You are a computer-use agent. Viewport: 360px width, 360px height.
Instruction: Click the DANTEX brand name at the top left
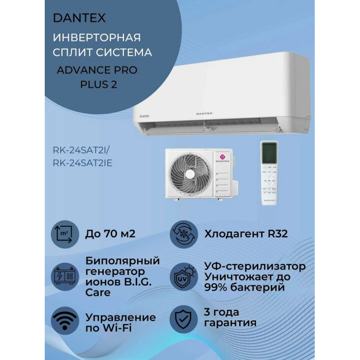pyautogui.click(x=79, y=18)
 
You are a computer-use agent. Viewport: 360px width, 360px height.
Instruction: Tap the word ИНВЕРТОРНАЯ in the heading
pyautogui.click(x=97, y=38)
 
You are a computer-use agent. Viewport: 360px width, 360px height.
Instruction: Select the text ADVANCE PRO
pyautogui.click(x=97, y=70)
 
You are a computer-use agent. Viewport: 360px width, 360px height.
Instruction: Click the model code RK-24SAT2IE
pyautogui.click(x=83, y=163)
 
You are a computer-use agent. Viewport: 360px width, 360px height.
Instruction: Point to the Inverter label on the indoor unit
pyautogui.click(x=145, y=116)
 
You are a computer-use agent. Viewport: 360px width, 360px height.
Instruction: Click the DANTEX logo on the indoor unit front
pyautogui.click(x=204, y=114)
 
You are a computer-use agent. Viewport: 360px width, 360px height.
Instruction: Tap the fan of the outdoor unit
pyautogui.click(x=190, y=174)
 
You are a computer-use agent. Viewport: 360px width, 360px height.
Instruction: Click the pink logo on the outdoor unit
pyautogui.click(x=222, y=157)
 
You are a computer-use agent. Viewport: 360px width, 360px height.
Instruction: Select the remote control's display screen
pyautogui.click(x=269, y=153)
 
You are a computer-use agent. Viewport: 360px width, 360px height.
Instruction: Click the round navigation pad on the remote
pyautogui.click(x=269, y=181)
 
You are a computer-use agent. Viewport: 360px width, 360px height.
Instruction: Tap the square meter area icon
pyautogui.click(x=65, y=235)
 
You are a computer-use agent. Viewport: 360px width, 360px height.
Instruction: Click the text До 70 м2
pyautogui.click(x=111, y=234)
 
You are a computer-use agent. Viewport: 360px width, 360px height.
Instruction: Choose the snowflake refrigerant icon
pyautogui.click(x=184, y=235)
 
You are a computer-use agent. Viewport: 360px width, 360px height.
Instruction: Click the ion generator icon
pyautogui.click(x=65, y=277)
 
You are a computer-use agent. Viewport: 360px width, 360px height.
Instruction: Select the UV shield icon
pyautogui.click(x=184, y=277)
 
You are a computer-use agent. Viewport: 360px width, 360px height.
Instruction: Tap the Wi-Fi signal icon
pyautogui.click(x=65, y=319)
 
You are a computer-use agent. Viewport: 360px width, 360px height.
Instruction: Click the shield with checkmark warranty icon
pyautogui.click(x=184, y=319)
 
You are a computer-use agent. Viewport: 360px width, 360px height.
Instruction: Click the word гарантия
pyautogui.click(x=230, y=323)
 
